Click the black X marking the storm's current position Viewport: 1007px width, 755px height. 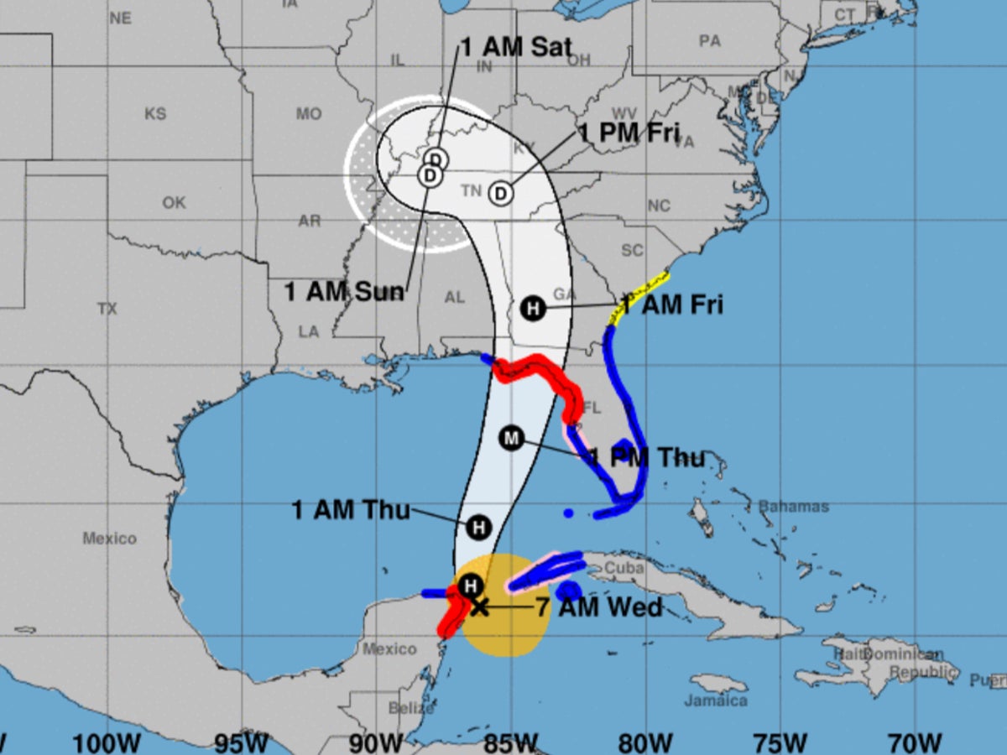click(478, 607)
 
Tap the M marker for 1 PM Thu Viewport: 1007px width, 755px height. click(510, 438)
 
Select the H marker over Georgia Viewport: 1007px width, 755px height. click(532, 308)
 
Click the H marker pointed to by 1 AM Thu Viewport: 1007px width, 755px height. click(477, 527)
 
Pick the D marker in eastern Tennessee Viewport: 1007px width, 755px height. click(500, 194)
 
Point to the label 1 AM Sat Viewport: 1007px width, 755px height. click(516, 47)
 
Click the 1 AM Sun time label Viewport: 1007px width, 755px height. click(344, 292)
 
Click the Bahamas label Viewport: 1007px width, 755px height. click(793, 507)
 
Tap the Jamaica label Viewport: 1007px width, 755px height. click(715, 700)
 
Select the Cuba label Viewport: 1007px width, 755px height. click(629, 568)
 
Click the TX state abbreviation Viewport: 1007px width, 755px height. click(107, 310)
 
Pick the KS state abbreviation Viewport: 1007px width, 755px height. click(155, 114)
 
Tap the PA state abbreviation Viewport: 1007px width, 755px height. click(709, 40)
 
